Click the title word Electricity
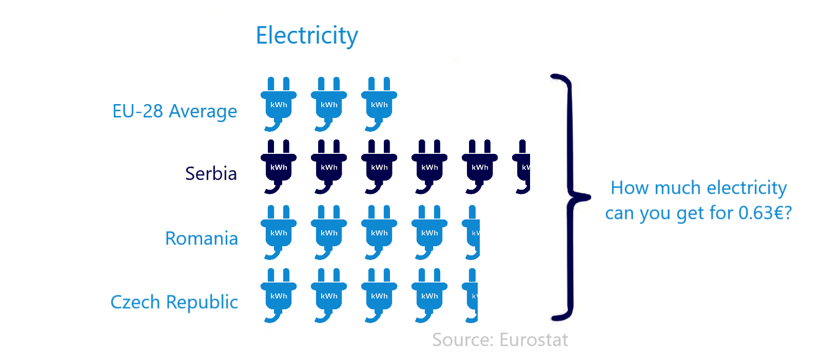pyautogui.click(x=307, y=36)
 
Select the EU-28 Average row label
pyautogui.click(x=174, y=111)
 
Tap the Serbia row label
pyautogui.click(x=211, y=174)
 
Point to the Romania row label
pyautogui.click(x=201, y=238)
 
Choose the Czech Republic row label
pyautogui.click(x=174, y=302)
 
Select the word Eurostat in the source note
pyautogui.click(x=534, y=340)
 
